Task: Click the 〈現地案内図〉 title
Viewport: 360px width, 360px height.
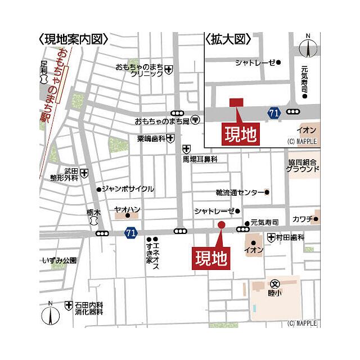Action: [73, 39]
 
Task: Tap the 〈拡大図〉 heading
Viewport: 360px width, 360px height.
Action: [227, 39]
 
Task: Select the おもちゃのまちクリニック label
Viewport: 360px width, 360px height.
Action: [139, 70]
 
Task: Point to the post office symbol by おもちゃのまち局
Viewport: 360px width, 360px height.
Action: [195, 120]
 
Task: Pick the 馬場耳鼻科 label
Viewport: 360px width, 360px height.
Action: [200, 159]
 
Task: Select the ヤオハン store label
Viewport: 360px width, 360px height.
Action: [127, 209]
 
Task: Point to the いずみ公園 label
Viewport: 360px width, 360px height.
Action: [59, 260]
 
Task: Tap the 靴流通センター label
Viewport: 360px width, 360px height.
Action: [239, 192]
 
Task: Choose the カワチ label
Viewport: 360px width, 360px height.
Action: [302, 218]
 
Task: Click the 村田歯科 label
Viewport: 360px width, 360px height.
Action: [290, 238]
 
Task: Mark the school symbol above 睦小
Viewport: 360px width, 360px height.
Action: [274, 283]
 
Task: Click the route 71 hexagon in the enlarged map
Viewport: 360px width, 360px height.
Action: [274, 113]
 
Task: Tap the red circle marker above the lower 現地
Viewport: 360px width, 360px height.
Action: [221, 225]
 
